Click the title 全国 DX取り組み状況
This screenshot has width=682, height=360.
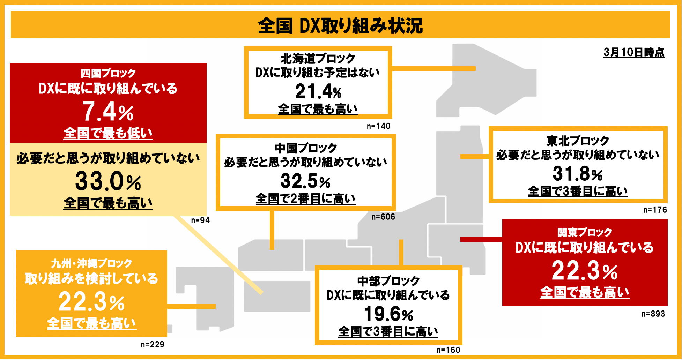340,26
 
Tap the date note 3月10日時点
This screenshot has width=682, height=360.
634,52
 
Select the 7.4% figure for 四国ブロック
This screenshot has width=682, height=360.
108,112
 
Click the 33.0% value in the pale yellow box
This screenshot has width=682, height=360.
108,181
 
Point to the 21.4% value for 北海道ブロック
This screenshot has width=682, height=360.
318,92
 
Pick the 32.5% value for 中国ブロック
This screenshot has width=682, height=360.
305,181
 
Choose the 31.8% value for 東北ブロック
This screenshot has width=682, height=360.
578,174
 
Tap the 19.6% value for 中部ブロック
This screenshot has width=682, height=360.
388,314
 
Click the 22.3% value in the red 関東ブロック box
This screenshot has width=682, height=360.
585,271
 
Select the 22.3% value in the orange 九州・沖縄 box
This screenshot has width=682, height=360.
91,302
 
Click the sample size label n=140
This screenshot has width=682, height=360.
378,126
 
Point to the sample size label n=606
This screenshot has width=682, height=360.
383,217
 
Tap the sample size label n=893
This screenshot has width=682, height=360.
653,314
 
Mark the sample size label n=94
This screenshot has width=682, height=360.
200,220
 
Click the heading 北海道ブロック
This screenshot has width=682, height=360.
318,58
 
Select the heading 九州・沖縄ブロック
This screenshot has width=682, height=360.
91,263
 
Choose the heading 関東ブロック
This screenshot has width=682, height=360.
585,232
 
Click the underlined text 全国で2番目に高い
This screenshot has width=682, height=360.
305,199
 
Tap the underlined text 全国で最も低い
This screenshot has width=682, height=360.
108,133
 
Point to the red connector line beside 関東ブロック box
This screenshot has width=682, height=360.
481,239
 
